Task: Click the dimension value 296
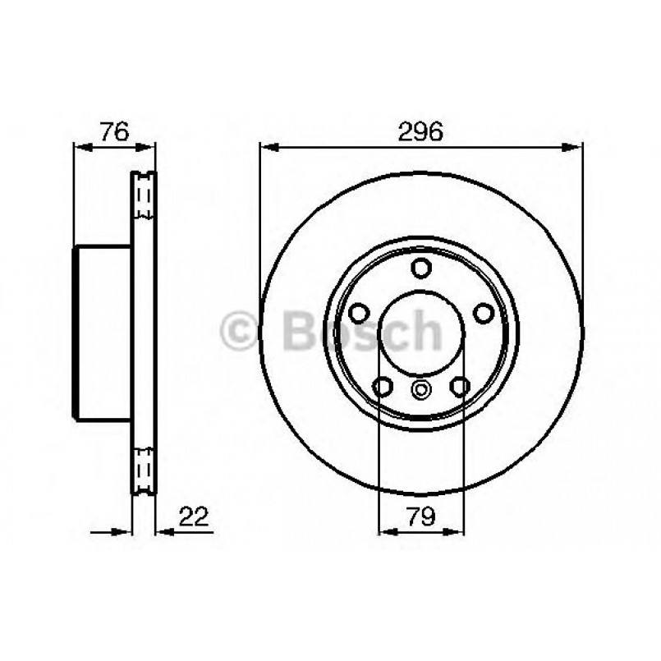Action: [420, 131]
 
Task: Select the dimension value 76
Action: [114, 131]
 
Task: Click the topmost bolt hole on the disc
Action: [421, 268]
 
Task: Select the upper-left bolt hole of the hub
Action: [359, 312]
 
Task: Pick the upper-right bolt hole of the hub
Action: [484, 312]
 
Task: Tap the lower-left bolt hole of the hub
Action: [383, 385]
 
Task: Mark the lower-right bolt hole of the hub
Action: [460, 385]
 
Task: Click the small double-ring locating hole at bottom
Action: [421, 391]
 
